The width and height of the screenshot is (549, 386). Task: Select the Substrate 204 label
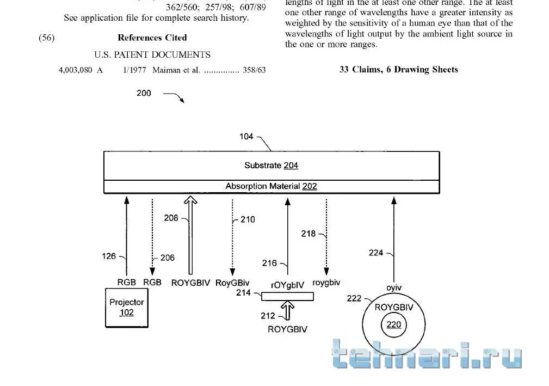(x=272, y=166)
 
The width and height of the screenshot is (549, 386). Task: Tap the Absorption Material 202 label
(x=271, y=186)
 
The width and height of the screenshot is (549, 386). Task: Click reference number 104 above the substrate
(x=246, y=136)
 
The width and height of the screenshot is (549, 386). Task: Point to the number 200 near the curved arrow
(x=144, y=93)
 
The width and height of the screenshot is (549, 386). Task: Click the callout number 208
(x=171, y=218)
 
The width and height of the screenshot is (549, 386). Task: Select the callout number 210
(x=248, y=219)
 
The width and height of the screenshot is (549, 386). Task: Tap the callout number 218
(x=308, y=234)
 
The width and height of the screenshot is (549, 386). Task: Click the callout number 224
(x=375, y=253)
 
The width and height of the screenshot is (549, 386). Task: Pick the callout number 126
(x=108, y=256)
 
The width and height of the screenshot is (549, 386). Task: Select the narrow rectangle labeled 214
(x=287, y=297)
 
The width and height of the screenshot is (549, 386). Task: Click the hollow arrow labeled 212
(x=287, y=311)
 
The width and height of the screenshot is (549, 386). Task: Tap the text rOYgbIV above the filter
(x=287, y=285)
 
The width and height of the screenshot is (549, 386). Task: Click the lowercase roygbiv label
(x=326, y=283)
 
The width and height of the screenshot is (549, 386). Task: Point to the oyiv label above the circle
(x=394, y=288)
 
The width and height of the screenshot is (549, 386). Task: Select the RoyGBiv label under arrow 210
(x=232, y=283)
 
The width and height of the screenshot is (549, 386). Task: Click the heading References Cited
(x=152, y=38)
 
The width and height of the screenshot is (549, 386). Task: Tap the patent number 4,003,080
(x=75, y=70)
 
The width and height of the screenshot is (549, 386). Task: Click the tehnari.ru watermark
(x=427, y=354)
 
